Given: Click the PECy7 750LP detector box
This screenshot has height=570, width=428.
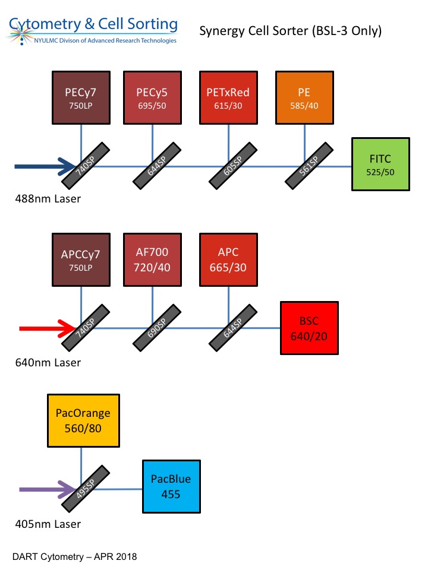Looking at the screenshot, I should coord(81,98).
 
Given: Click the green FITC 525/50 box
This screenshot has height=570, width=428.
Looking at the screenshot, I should coord(381,165).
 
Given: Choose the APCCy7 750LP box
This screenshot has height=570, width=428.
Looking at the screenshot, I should coord(81,260).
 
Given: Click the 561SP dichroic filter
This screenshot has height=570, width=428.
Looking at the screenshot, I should coord(309,163).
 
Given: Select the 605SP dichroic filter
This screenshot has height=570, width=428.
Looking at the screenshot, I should coord(233,163).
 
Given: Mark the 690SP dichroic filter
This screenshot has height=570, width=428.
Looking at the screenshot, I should coord(157,325).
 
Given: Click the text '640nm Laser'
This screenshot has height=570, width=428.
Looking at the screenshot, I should coord(48,362).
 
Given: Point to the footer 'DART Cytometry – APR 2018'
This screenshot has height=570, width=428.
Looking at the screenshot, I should coord(74,557).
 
